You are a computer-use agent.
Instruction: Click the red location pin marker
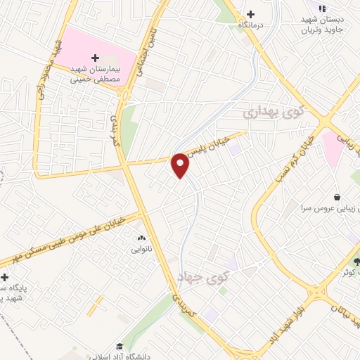180,165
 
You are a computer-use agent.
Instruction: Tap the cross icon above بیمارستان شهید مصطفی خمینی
96,58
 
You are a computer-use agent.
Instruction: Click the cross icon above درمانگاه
250,14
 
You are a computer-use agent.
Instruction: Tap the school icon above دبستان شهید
322,8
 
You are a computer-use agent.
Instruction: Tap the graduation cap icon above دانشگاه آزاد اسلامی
120,346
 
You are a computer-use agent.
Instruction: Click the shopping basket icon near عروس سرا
338,197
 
